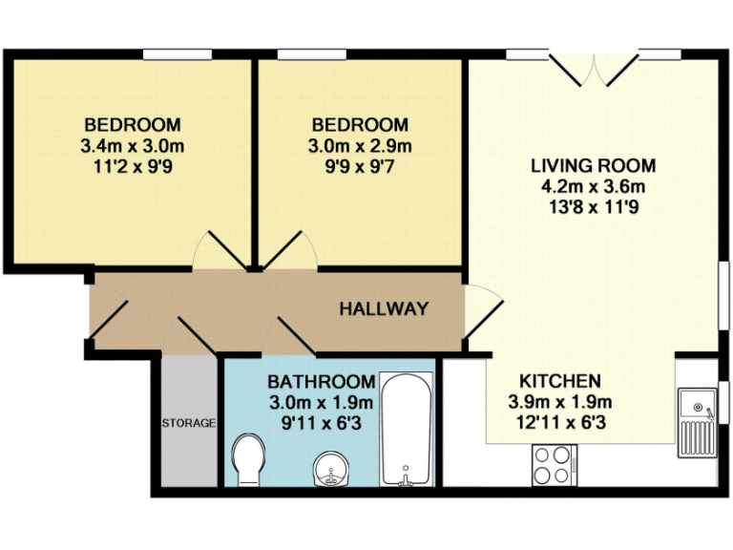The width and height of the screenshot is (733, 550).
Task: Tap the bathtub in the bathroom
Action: click(407, 429)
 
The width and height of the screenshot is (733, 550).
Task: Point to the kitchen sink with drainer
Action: click(700, 421)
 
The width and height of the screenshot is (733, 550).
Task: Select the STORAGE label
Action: click(188, 422)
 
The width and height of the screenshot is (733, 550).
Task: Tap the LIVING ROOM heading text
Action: click(593, 166)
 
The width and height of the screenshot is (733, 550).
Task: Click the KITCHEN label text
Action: click(560, 380)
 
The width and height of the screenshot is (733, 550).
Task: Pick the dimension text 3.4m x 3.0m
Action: click(133, 145)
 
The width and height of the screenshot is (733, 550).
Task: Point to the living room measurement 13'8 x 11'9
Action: click(593, 206)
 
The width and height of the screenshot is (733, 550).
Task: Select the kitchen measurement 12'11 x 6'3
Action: click(560, 420)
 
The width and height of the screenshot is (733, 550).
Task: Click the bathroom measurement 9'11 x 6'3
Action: click(321, 420)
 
